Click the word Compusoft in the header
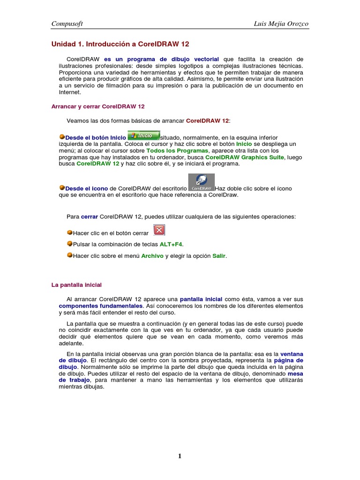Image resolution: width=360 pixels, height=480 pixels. pyautogui.click(x=67, y=23)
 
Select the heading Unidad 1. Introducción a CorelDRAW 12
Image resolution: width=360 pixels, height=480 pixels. pyautogui.click(x=120, y=44)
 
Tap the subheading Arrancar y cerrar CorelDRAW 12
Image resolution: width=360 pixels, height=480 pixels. pyautogui.click(x=97, y=106)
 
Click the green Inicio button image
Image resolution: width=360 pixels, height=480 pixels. pyautogui.click(x=143, y=135)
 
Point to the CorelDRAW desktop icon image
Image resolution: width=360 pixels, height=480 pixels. pyautogui.click(x=201, y=182)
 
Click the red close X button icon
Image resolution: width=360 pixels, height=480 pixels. pyautogui.click(x=159, y=230)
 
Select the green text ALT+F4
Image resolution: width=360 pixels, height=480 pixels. pyautogui.click(x=171, y=244)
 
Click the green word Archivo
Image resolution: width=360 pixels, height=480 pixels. pyautogui.click(x=152, y=256)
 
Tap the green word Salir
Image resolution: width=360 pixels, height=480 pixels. pyautogui.click(x=219, y=256)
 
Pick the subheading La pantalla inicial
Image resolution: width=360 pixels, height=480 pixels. pyautogui.click(x=76, y=285)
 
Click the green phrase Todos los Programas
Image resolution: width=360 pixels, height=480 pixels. pyautogui.click(x=178, y=151)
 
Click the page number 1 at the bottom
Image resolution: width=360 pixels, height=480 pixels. pyautogui.click(x=180, y=457)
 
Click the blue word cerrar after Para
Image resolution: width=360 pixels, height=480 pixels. pyautogui.click(x=89, y=217)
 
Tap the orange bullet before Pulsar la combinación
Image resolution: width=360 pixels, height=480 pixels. pyautogui.click(x=70, y=244)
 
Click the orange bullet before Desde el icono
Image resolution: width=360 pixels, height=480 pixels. pyautogui.click(x=61, y=187)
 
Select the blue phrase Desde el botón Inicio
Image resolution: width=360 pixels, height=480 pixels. pyautogui.click(x=96, y=137)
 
